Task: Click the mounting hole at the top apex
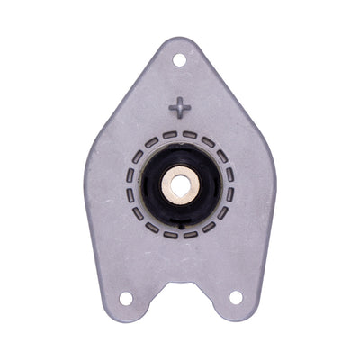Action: [x=179, y=59]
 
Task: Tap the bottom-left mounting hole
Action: [x=126, y=298]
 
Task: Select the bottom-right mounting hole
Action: [x=236, y=297]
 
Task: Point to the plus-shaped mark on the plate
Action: [x=180, y=107]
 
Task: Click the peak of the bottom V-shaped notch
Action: [x=181, y=281]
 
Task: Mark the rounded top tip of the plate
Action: [x=178, y=40]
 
